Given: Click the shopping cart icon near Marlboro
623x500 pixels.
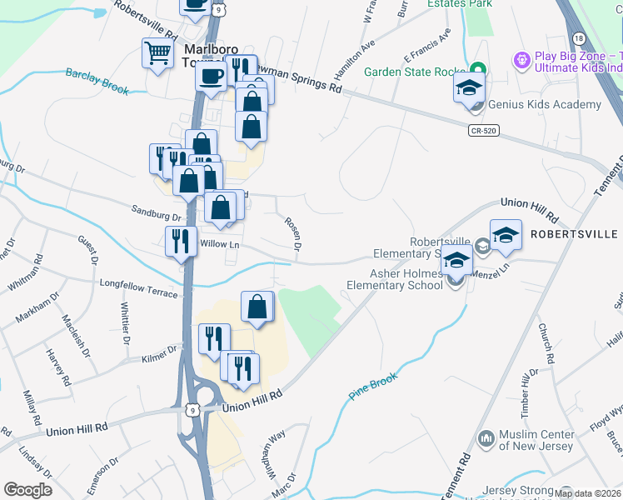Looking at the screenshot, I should [157, 54].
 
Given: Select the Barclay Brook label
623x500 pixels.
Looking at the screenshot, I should [97, 81].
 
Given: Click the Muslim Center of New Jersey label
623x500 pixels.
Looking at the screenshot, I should [536, 440].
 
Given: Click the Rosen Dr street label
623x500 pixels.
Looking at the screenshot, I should [292, 234].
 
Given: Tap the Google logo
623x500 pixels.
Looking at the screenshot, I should [27, 490].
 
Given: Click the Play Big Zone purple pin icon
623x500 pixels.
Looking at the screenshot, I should [522, 61].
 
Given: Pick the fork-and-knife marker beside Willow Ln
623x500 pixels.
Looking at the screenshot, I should [181, 241].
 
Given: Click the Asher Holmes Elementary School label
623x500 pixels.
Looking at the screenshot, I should [395, 278].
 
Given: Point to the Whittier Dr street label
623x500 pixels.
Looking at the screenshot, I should [125, 323].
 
